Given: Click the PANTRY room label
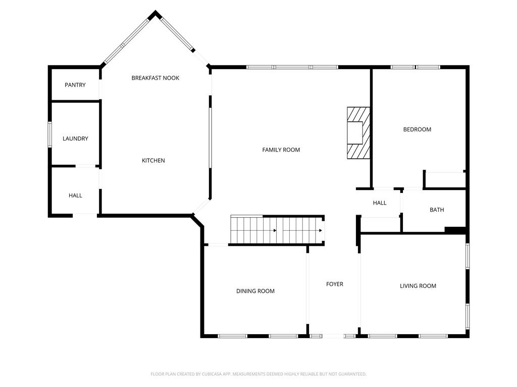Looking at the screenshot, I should (x=75, y=85).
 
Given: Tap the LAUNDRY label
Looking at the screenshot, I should (x=75, y=139).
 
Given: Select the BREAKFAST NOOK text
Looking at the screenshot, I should (x=156, y=78).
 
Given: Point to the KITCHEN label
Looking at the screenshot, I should (x=153, y=160).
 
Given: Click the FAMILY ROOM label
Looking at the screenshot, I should (x=281, y=150).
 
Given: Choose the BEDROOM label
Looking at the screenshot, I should (x=417, y=130).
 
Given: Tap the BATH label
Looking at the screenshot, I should (x=437, y=210).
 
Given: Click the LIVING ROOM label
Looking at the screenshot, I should (x=418, y=286).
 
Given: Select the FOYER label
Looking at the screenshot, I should (x=334, y=284).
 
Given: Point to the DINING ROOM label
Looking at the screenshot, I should (x=255, y=291).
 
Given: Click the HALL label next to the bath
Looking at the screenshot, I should (x=380, y=203).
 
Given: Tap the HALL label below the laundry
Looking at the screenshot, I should (x=75, y=196).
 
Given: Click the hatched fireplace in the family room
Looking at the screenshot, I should (x=358, y=133).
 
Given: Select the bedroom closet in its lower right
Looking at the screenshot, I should (x=444, y=180).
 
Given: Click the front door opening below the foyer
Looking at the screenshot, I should (x=334, y=336).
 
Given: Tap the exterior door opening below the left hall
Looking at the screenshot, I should (x=85, y=215).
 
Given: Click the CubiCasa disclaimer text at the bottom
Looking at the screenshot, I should (x=258, y=374).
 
